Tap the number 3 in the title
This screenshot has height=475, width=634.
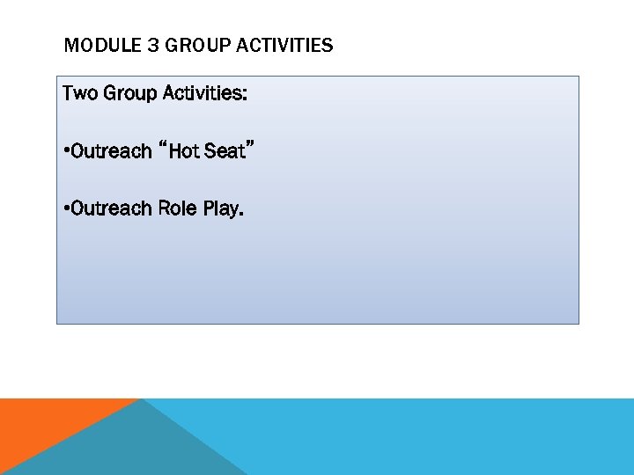click(152, 45)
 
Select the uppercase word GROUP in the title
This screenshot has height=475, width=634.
click(195, 45)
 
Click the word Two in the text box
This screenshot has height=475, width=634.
click(80, 92)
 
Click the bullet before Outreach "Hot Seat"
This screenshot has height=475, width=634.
click(66, 151)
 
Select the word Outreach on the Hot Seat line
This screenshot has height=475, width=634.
click(111, 151)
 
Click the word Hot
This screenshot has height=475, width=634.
click(184, 151)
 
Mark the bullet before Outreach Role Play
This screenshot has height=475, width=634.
click(66, 209)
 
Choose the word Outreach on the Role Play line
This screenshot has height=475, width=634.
click(111, 208)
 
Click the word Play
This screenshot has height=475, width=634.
click(221, 209)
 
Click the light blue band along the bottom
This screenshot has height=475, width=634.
click(440, 436)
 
